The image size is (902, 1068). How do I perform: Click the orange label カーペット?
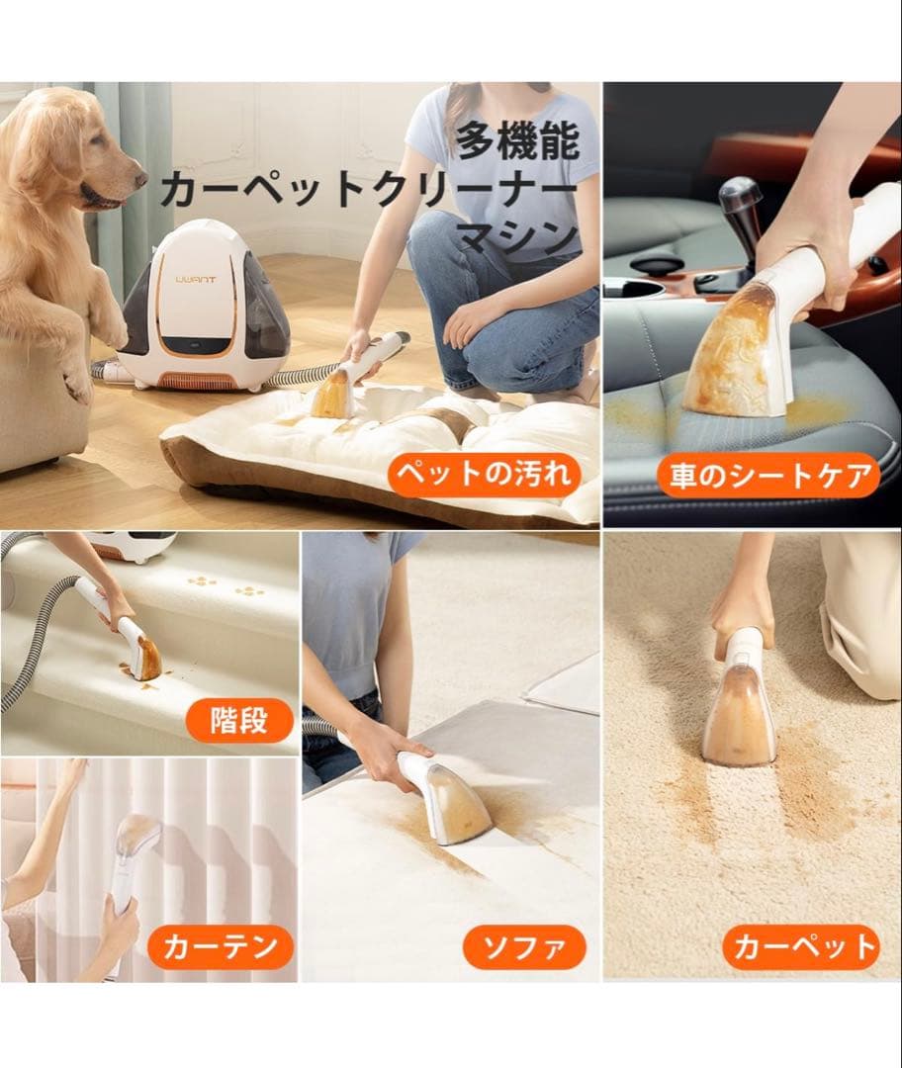[801, 947]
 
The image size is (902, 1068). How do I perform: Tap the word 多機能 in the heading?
[516, 142]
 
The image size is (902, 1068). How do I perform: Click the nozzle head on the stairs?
[145, 658]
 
